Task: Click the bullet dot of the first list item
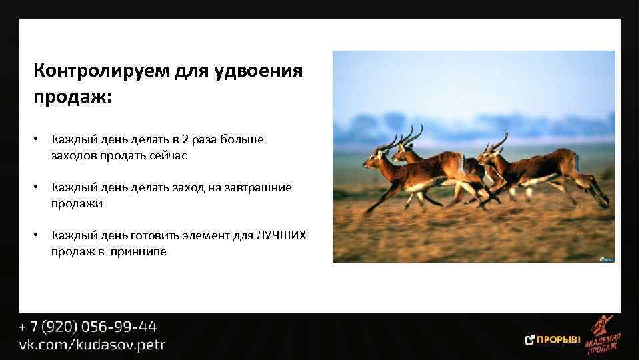click(39, 140)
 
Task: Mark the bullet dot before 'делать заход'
click(39, 188)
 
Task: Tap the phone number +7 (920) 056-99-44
click(87, 327)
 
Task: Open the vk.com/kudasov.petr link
click(92, 345)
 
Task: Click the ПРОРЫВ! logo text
click(559, 340)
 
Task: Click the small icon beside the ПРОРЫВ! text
click(530, 340)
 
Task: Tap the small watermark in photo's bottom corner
click(606, 257)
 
